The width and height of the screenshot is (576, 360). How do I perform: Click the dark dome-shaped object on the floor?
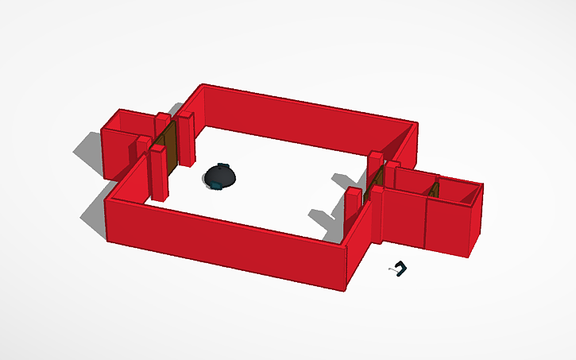coord(220,175)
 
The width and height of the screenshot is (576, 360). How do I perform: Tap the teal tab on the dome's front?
coord(215,186)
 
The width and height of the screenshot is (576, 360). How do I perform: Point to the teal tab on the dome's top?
coord(222,166)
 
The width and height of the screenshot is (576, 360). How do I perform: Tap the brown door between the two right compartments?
coord(434,192)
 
